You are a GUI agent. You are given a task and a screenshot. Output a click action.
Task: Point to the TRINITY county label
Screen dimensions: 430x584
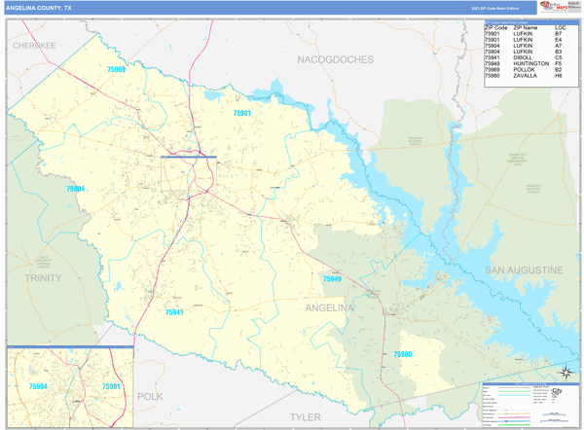(43, 277)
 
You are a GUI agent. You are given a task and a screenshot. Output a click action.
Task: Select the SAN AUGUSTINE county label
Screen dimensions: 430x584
(526, 269)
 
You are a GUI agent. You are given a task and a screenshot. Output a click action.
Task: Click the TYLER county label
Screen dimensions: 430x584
(305, 416)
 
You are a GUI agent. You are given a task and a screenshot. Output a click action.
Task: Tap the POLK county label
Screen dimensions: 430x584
(150, 396)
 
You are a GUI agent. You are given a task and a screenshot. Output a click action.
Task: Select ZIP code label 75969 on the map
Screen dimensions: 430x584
(116, 70)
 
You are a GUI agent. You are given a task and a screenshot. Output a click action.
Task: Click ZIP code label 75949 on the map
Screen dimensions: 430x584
(332, 279)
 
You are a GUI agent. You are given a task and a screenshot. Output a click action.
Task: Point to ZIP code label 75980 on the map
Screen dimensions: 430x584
(403, 355)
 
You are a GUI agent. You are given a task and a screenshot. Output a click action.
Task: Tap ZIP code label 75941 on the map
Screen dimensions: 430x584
(173, 312)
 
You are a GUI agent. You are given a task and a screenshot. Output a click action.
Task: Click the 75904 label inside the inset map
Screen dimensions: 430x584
(38, 386)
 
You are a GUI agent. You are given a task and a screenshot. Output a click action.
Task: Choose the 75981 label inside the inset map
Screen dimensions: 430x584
(111, 386)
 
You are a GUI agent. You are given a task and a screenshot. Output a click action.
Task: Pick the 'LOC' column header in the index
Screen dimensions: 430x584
(561, 27)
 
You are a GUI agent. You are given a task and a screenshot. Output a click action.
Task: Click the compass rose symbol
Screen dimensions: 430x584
(566, 373)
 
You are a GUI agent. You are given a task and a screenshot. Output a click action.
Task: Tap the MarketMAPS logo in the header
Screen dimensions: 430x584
(558, 8)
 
